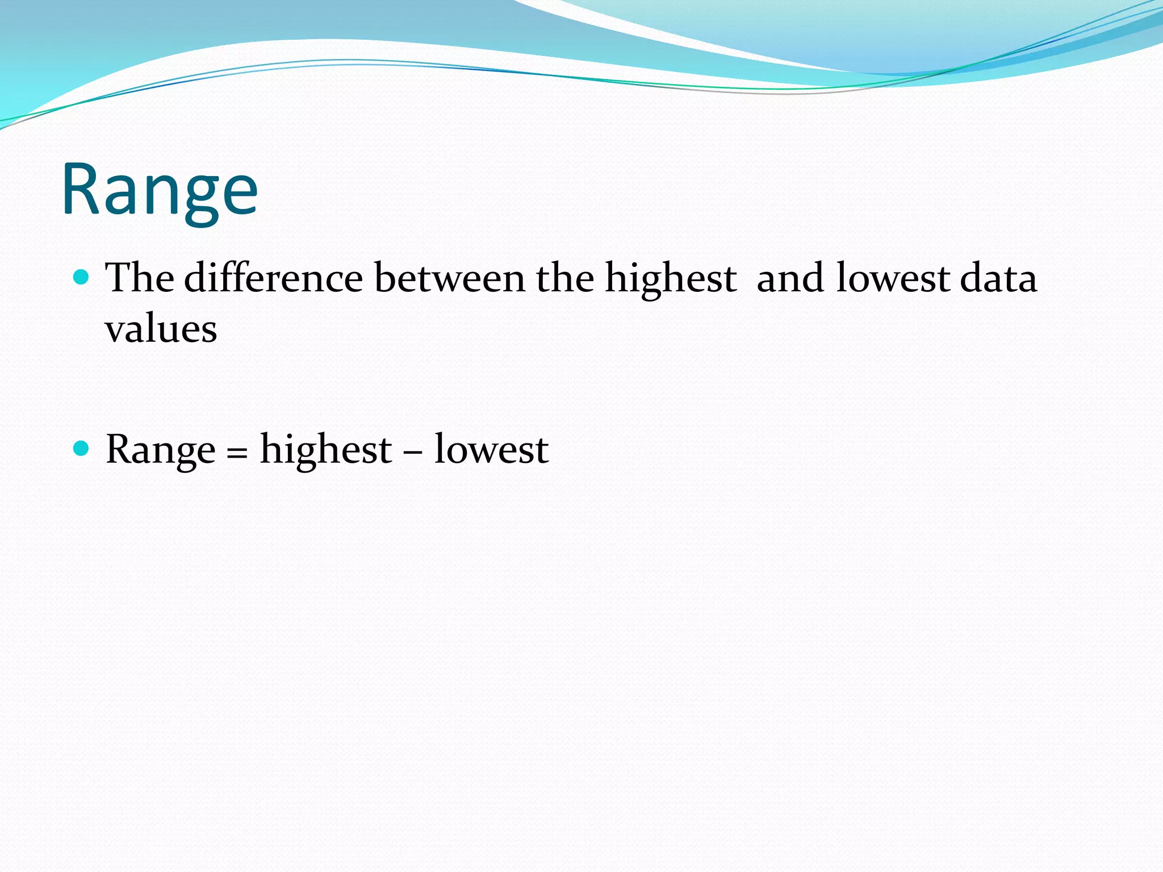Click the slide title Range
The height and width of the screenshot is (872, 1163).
coord(160,190)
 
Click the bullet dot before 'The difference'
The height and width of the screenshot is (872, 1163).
coord(82,278)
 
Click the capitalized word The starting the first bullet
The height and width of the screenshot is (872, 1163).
coord(140,278)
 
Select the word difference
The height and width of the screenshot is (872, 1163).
coord(273,278)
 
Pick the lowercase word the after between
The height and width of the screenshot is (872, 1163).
coord(564,278)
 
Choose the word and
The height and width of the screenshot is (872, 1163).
coord(790,278)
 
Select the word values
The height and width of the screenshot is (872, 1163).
coord(161,329)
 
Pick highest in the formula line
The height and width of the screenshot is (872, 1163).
coord(326,450)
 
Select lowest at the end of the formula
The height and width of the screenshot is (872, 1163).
coord(491,450)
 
